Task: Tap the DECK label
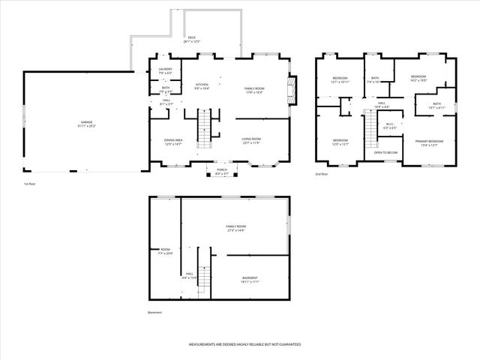pos(191,39)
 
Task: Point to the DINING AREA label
pos(174,141)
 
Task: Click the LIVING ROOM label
pos(250,140)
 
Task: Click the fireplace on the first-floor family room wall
pos(294,89)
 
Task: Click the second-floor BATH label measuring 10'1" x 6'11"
pos(436,106)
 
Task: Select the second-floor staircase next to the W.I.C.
pos(368,135)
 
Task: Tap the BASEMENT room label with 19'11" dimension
pos(250,280)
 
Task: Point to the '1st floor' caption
pos(30,184)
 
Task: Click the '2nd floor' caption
pos(322,174)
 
